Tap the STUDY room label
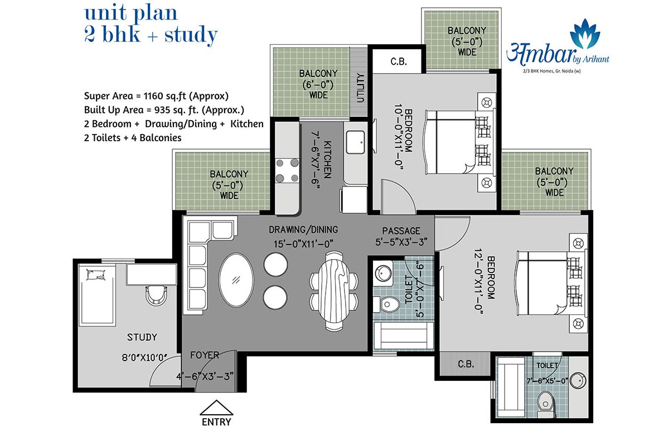click(x=142, y=337)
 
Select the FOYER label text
click(x=205, y=355)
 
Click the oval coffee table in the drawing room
click(x=236, y=280)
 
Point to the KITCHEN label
click(x=328, y=160)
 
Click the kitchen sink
click(x=355, y=142)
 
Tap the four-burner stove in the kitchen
click(x=287, y=171)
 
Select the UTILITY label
click(x=361, y=88)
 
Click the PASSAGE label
click(x=401, y=231)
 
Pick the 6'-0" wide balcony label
click(x=318, y=84)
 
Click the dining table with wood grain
click(x=333, y=291)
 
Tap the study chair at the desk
click(x=156, y=295)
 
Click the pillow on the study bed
click(x=96, y=275)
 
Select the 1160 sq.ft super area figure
click(x=166, y=96)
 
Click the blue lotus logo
click(x=585, y=33)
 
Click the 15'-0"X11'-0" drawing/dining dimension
click(x=303, y=244)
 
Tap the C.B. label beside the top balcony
click(x=399, y=61)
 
